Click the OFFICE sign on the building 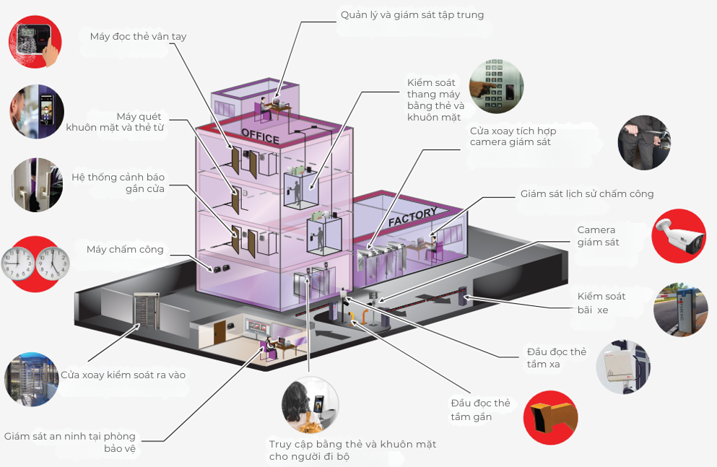[260, 135]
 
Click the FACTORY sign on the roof [412, 217]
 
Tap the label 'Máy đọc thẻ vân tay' [138, 36]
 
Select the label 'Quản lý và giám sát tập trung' [412, 14]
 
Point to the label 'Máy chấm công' [125, 250]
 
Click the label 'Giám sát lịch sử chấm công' [586, 193]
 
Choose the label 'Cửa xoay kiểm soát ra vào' [123, 375]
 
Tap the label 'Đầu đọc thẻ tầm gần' [480, 410]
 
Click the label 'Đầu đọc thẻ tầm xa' [556, 358]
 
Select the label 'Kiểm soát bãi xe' [601, 302]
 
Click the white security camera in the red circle [678, 236]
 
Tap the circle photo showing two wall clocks [35, 263]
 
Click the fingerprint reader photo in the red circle [35, 42]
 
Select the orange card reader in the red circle [550, 418]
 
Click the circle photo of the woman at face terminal [310, 406]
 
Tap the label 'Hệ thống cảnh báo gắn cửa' [118, 183]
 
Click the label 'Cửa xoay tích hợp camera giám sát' [513, 136]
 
